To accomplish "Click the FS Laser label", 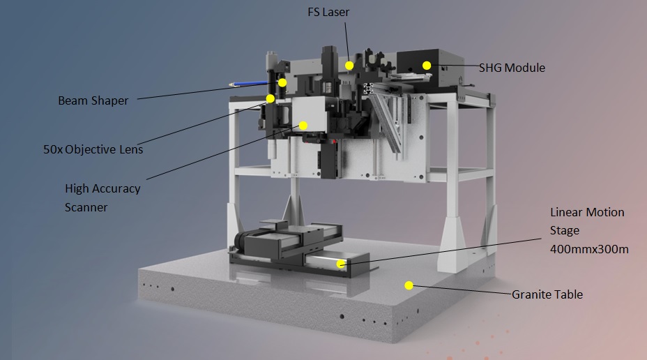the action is tap(328, 12).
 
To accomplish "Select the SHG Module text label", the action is tap(512, 68).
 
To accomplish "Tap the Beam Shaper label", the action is tap(93, 100).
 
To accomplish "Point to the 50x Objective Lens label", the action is tap(93, 149).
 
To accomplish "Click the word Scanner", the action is tap(86, 207).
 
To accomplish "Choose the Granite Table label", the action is tap(547, 294).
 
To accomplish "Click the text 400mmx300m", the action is tap(589, 249).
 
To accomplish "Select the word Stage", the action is tap(565, 230).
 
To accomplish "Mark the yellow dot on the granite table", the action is tap(409, 285).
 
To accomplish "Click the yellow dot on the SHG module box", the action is tap(427, 65).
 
